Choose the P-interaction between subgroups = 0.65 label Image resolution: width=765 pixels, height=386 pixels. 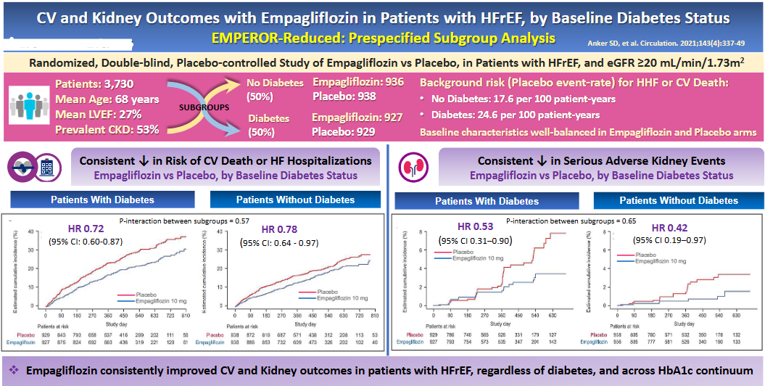pos(561,218)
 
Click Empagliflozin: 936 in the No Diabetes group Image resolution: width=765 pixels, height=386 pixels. pos(358,82)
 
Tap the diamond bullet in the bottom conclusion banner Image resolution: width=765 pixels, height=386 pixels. pos(14,371)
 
